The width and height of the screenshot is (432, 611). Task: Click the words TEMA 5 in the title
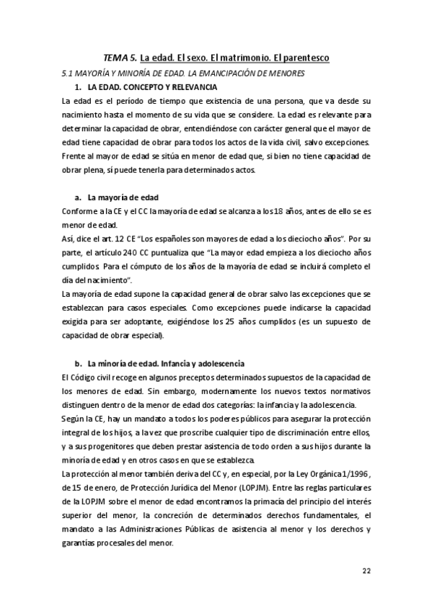click(120, 57)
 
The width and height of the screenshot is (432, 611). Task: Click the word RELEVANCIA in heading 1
click(190, 87)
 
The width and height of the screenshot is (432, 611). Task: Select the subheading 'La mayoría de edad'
click(123, 197)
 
